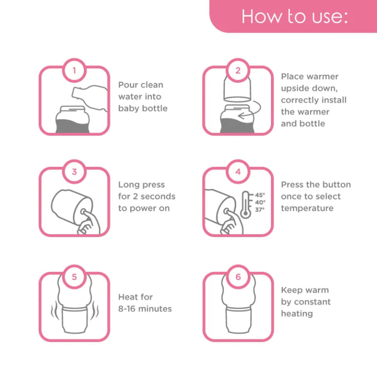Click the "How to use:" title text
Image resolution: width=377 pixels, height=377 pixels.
[295, 17]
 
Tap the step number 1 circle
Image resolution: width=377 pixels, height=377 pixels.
[74, 70]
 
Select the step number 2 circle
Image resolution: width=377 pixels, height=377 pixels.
[238, 70]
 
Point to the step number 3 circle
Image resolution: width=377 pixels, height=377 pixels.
[74, 171]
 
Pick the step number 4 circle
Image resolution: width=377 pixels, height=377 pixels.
[238, 171]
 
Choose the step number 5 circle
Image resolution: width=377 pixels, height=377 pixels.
[74, 277]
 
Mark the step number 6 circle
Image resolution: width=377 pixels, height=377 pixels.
[238, 277]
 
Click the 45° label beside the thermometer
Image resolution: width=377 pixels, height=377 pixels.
[260, 195]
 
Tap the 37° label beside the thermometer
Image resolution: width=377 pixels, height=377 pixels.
[260, 210]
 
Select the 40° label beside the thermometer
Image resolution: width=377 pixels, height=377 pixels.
[260, 202]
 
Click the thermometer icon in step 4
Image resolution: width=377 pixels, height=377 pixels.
[246, 205]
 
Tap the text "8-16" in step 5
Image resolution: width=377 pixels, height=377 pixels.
[126, 309]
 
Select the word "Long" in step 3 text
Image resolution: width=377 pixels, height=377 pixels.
[128, 185]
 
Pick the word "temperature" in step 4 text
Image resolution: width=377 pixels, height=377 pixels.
[307, 209]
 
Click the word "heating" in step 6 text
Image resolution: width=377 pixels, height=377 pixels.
[297, 314]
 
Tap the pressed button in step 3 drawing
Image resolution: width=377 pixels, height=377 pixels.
[83, 212]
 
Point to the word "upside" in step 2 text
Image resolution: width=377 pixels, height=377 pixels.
[294, 88]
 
